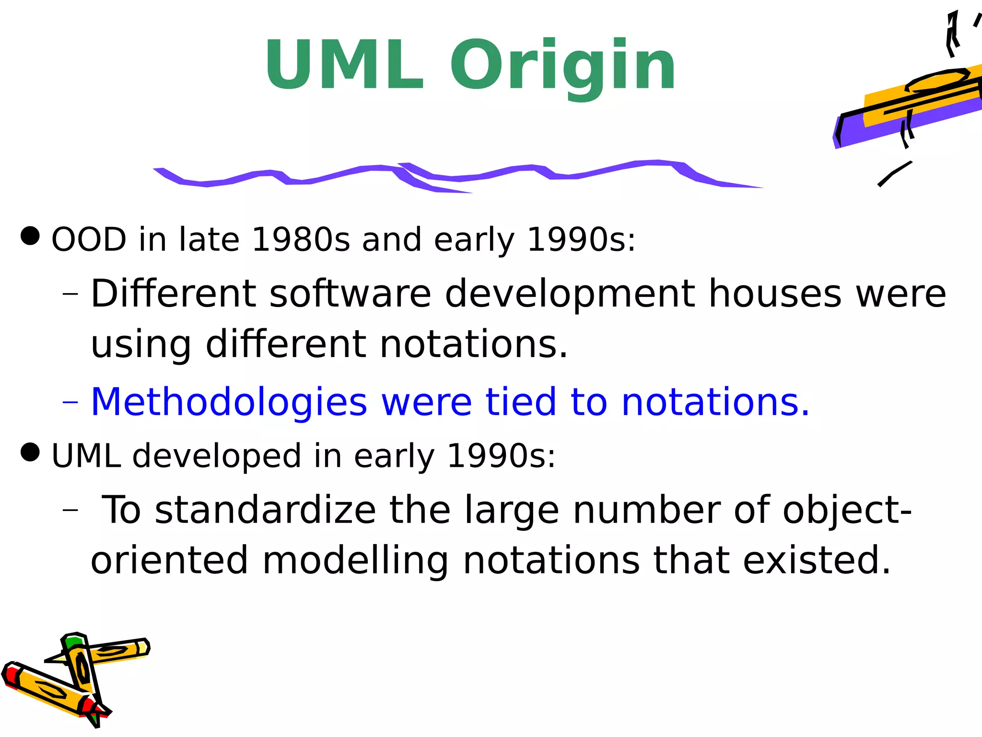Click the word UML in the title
(344, 65)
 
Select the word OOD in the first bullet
(89, 239)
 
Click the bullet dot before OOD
(30, 236)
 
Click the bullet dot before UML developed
(30, 452)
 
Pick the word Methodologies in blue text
(229, 402)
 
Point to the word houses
(775, 294)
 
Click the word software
(351, 294)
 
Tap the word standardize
(265, 510)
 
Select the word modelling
(355, 560)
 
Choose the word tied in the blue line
(521, 402)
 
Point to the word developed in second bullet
(217, 456)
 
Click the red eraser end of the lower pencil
(11, 675)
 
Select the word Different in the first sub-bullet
(173, 294)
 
